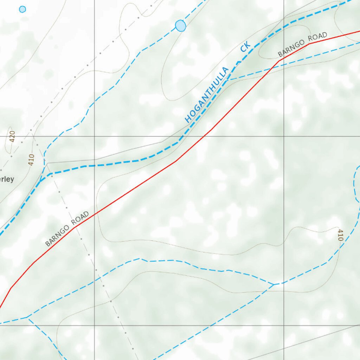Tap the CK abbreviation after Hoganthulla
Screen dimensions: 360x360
(245, 47)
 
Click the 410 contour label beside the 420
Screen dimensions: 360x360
(31, 160)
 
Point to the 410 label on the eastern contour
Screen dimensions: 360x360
(340, 235)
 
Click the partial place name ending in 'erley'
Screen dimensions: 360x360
(7, 179)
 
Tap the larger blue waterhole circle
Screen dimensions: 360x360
(180, 26)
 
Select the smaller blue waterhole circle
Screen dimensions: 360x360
(22, 9)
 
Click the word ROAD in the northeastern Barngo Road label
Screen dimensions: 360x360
(318, 38)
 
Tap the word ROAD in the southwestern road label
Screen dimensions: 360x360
(80, 218)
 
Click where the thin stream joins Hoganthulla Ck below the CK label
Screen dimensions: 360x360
(227, 80)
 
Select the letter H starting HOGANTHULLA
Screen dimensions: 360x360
(188, 120)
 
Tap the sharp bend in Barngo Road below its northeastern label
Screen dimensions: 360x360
(279, 60)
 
